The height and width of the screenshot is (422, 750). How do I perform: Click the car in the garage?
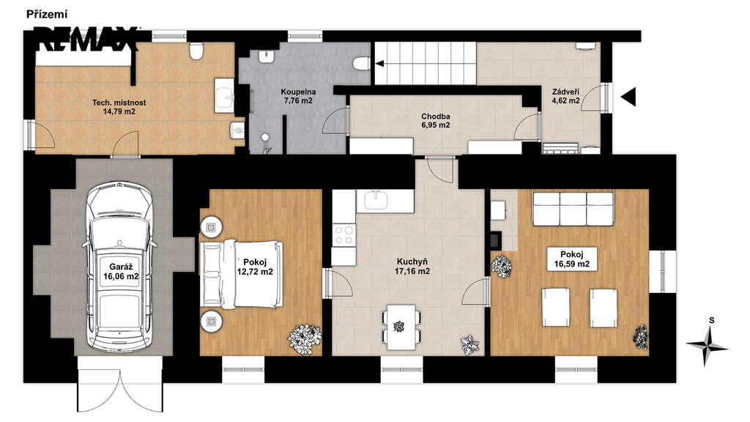tap(119, 267)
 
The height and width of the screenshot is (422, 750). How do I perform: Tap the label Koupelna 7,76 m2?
tap(297, 96)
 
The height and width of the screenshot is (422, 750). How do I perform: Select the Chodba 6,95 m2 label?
tap(435, 121)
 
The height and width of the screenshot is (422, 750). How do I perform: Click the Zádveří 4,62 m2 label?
tap(566, 96)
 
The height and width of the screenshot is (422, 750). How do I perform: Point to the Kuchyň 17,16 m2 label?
tap(412, 267)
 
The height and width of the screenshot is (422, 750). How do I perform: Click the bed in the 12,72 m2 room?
tap(242, 274)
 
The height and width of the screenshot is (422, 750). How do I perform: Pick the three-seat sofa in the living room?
tap(573, 208)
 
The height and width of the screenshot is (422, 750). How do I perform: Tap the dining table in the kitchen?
tap(401, 327)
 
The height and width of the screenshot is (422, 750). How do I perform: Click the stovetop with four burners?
tap(344, 235)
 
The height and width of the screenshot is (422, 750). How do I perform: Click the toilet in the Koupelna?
tap(360, 63)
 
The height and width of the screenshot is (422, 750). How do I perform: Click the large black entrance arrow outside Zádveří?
tap(628, 97)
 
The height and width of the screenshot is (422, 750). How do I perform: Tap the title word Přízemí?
tap(46, 15)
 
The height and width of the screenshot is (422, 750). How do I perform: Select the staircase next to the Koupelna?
tap(426, 63)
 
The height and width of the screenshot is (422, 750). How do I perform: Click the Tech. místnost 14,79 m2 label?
tap(119, 107)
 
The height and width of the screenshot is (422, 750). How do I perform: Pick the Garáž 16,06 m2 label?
tap(121, 271)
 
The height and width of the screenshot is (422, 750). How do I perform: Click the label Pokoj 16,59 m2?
tap(571, 259)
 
